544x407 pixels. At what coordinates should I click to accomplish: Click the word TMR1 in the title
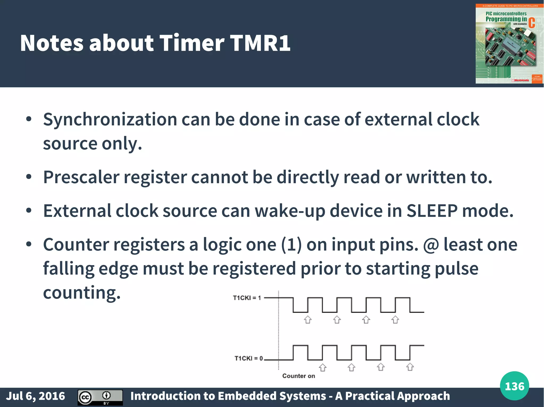tap(260, 43)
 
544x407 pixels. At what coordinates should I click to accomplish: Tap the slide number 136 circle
tap(514, 386)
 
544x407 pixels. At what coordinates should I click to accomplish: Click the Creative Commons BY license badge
tap(100, 397)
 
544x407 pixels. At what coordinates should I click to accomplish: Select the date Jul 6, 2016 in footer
tap(36, 396)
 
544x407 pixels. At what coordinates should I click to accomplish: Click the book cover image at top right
tap(509, 44)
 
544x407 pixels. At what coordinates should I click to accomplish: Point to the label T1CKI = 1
tap(247, 298)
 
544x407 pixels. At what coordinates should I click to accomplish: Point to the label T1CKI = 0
tap(248, 358)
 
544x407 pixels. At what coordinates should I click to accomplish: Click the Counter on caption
tap(299, 376)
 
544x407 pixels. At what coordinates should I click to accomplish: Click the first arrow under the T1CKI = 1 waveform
tap(308, 320)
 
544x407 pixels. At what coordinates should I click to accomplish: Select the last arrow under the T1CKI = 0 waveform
tap(410, 367)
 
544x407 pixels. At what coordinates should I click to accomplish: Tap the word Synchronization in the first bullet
tap(110, 120)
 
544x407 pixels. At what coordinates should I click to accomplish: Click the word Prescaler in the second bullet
tap(81, 177)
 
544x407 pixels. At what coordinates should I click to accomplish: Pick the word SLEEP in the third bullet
tap(432, 211)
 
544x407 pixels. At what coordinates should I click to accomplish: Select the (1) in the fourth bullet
tap(291, 244)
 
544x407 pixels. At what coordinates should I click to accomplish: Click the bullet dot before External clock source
tap(29, 211)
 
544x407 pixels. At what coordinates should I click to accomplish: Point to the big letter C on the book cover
tap(532, 23)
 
